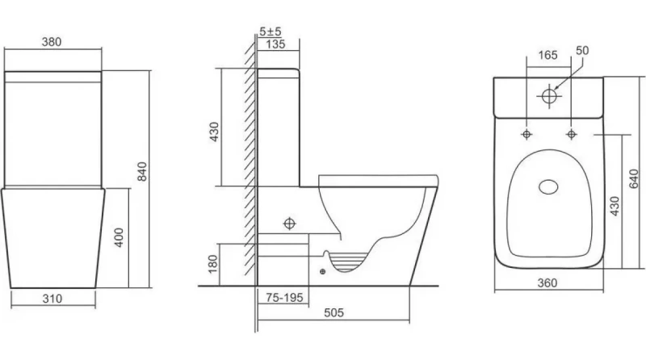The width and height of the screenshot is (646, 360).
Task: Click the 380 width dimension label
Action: click(x=52, y=42)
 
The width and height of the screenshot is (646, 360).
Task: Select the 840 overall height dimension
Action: click(x=142, y=171)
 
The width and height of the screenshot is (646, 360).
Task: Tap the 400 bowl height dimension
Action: click(x=119, y=237)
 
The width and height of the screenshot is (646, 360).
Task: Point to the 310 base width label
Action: click(x=52, y=299)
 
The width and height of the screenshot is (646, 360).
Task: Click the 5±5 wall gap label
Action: click(x=271, y=31)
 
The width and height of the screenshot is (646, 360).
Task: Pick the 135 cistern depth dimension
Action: click(x=275, y=44)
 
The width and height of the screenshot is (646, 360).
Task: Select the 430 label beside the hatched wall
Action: click(x=214, y=132)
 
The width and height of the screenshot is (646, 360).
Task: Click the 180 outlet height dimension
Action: click(x=212, y=264)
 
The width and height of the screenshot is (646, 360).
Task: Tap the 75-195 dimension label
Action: click(x=284, y=297)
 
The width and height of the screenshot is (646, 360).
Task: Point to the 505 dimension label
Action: click(x=333, y=313)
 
